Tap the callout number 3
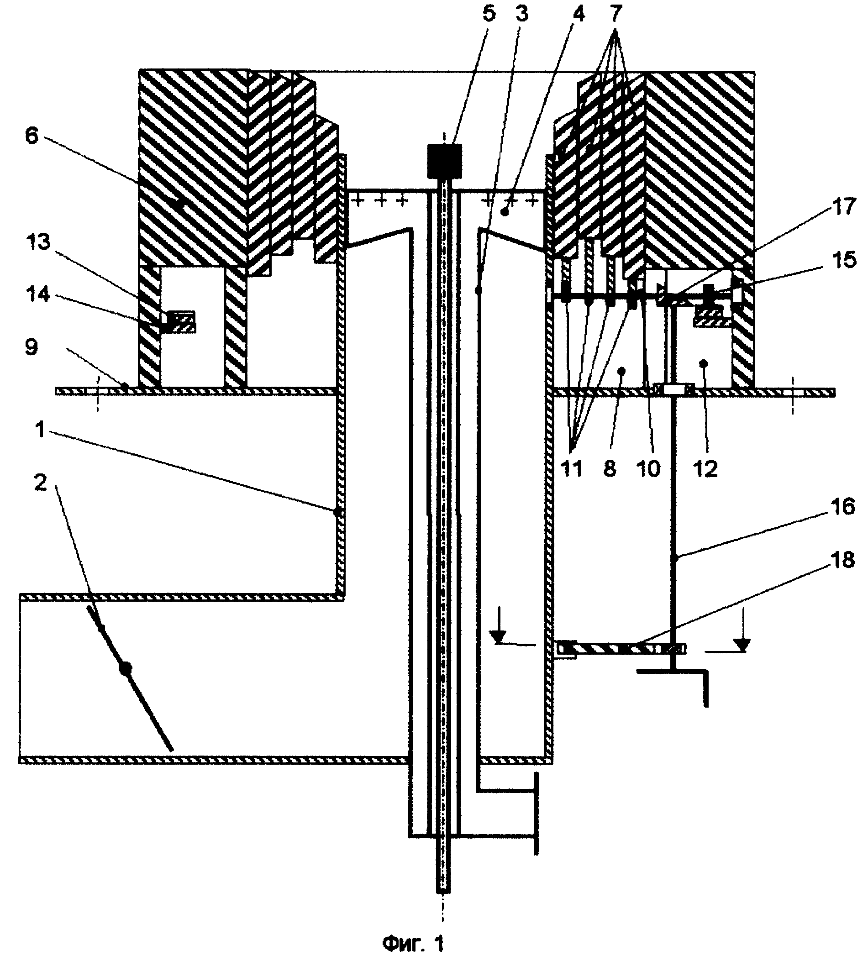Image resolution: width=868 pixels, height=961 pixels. [522, 14]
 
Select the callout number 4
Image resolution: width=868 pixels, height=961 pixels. [578, 14]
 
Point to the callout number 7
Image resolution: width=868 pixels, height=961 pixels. [616, 14]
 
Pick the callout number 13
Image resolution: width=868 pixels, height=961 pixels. [39, 242]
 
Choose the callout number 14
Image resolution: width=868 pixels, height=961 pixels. [39, 294]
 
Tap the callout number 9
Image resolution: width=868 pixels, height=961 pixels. [32, 347]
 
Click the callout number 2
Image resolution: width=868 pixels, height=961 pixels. [41, 483]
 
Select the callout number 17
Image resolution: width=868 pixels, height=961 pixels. [843, 206]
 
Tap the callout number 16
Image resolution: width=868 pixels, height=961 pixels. [843, 506]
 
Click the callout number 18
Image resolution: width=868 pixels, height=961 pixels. [843, 560]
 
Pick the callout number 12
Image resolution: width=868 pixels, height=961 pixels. [706, 469]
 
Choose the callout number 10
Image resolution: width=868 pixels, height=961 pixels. [649, 469]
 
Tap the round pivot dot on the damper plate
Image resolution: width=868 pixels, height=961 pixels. [125, 669]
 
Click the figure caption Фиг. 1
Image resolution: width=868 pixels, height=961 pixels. [414, 942]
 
